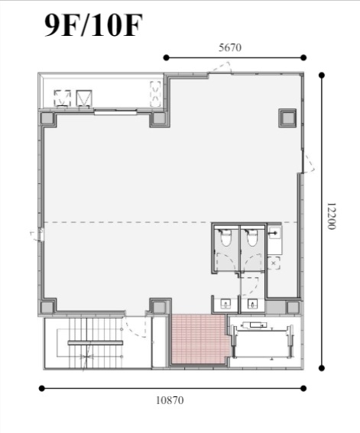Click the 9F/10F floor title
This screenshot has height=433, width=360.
pyautogui.click(x=93, y=25)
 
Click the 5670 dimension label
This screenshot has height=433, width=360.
pyautogui.click(x=230, y=47)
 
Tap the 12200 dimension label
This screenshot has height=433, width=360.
pyautogui.click(x=331, y=216)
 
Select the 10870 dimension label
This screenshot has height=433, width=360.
pyautogui.click(x=170, y=400)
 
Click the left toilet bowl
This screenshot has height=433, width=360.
pyautogui.click(x=225, y=238)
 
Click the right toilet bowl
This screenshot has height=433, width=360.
pyautogui.click(x=252, y=238)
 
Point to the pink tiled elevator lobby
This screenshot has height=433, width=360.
pyautogui.click(x=199, y=339)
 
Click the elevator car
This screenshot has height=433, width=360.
pyautogui.click(x=262, y=342)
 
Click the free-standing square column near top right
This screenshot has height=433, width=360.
pyautogui.click(x=287, y=118)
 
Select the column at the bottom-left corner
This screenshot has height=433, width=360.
pyautogui.click(x=47, y=307)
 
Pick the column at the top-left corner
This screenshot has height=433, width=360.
pyautogui.click(x=47, y=118)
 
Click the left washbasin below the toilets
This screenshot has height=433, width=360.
pyautogui.click(x=226, y=304)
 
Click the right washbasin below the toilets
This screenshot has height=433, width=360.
pyautogui.click(x=252, y=304)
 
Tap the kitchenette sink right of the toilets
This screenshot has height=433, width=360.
pyautogui.click(x=274, y=234)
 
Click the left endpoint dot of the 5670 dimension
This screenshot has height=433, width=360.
pyautogui.click(x=166, y=57)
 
